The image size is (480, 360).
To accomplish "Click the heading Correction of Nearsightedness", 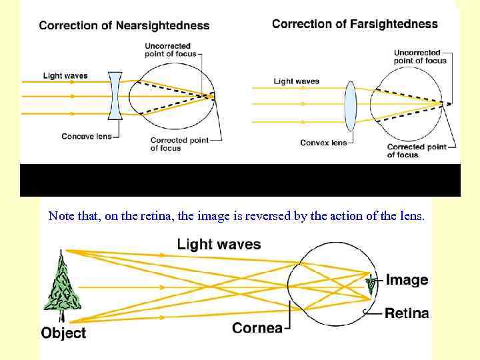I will pyautogui.click(x=124, y=26).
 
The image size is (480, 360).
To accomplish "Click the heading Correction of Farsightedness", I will pyautogui.click(x=355, y=24).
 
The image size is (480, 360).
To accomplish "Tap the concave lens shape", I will pyautogui.click(x=114, y=96).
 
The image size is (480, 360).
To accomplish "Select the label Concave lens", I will pyautogui.click(x=86, y=137).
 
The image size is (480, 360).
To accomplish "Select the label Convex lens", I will pyautogui.click(x=323, y=143).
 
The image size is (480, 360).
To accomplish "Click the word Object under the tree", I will pyautogui.click(x=63, y=333).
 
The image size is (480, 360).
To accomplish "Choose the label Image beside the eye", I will pyautogui.click(x=407, y=280).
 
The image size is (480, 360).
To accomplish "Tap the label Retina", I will pyautogui.click(x=407, y=313).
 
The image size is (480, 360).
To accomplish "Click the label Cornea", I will pyautogui.click(x=257, y=328).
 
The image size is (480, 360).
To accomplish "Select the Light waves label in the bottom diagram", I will pyautogui.click(x=219, y=245).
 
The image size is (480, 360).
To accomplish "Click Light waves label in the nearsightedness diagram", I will pyautogui.click(x=65, y=76).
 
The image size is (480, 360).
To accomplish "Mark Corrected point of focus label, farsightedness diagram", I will pyautogui.click(x=417, y=151).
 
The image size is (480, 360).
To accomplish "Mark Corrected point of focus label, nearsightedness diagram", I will pyautogui.click(x=178, y=144).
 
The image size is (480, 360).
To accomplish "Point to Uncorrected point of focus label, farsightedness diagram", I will pyautogui.click(x=418, y=57).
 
